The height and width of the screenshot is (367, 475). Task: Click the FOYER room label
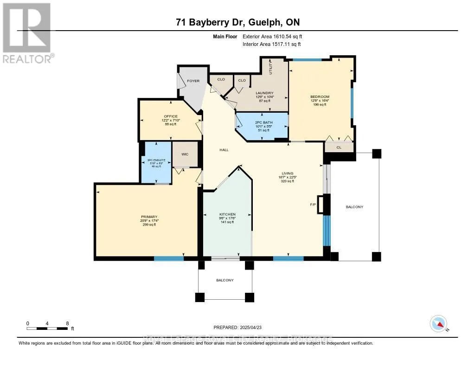[193, 81]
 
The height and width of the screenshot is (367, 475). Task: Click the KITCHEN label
[228, 214]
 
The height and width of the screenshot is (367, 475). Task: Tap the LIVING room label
[287, 174]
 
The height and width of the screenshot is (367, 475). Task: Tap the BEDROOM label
[320, 97]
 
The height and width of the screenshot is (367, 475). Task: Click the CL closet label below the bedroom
[339, 148]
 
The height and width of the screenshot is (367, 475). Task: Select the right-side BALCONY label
[354, 207]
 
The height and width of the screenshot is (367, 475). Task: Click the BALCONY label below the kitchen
[225, 280]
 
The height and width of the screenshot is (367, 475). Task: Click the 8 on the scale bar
[67, 323]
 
